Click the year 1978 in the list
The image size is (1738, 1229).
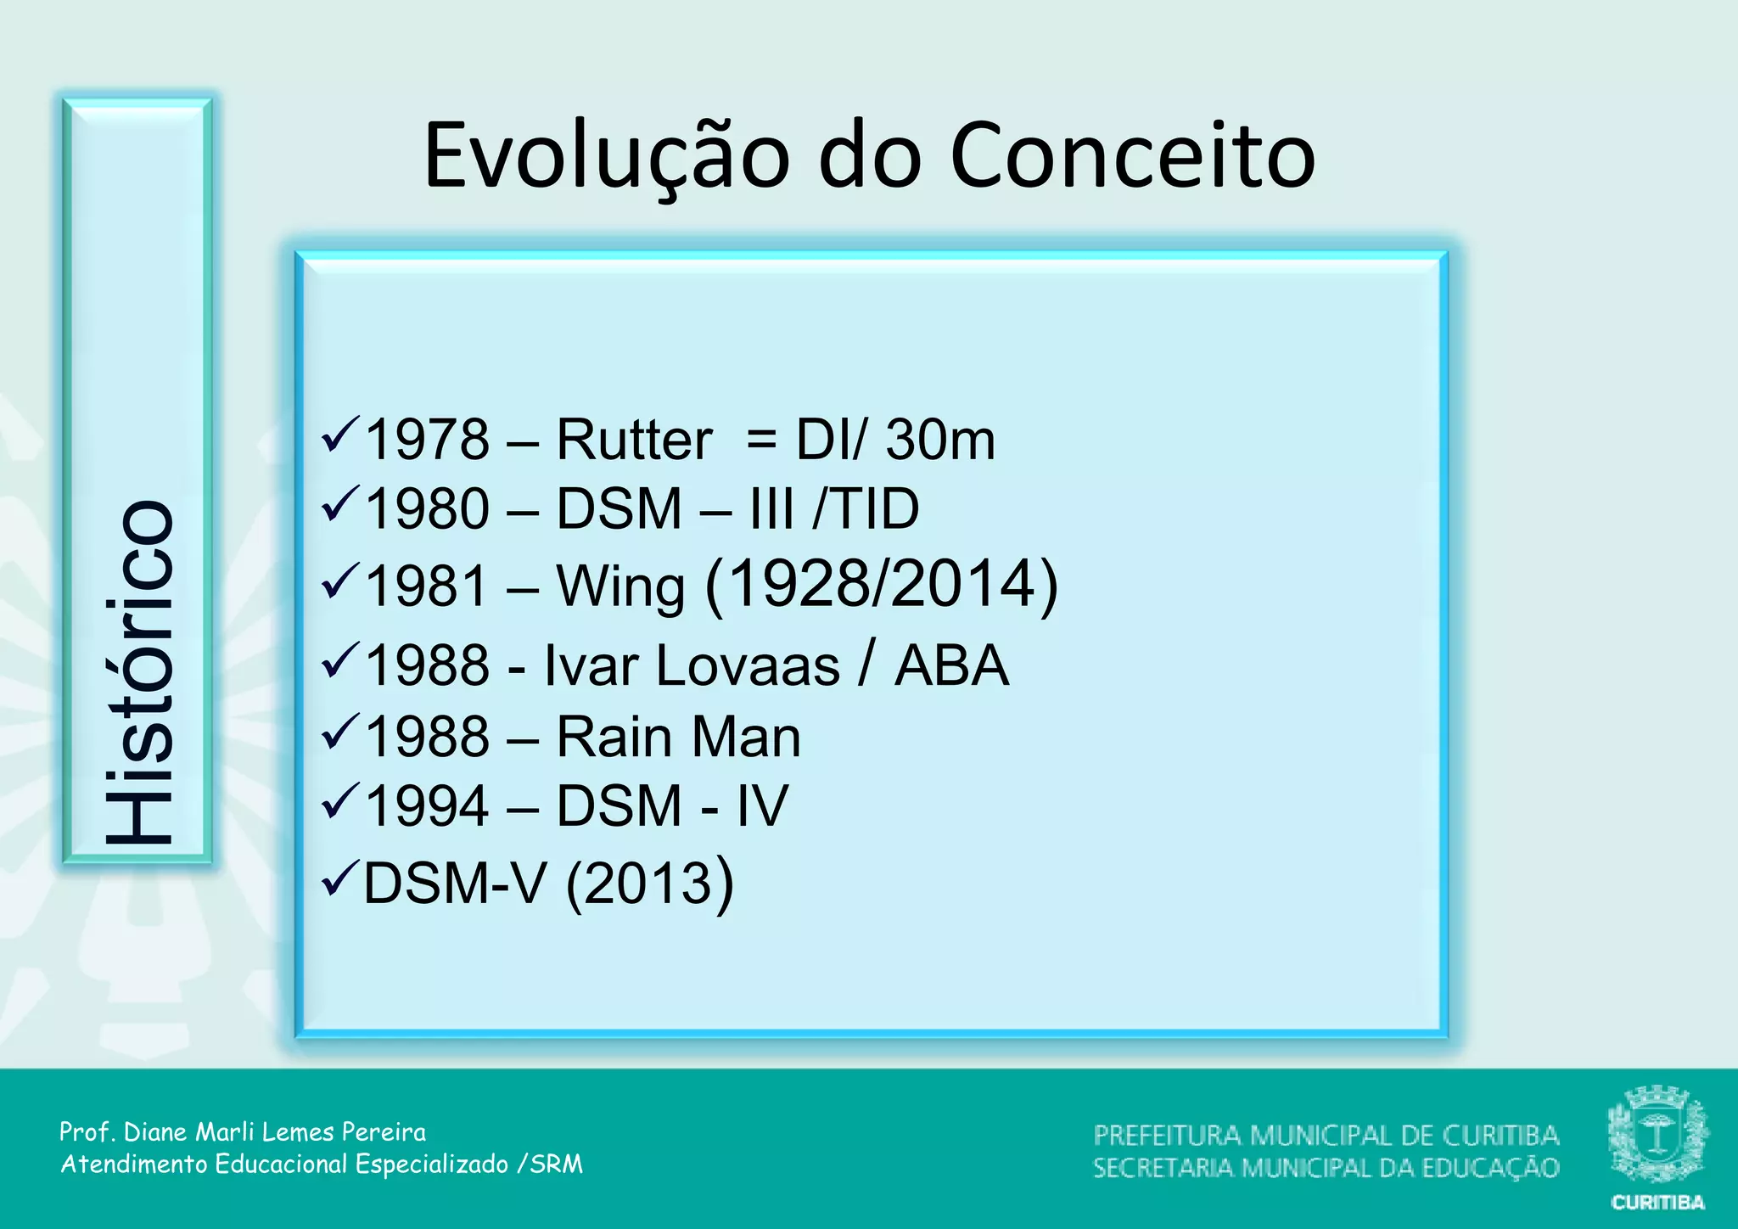427,440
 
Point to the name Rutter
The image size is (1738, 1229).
634,440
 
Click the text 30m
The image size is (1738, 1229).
940,440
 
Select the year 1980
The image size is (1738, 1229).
427,509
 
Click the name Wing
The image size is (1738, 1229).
620,586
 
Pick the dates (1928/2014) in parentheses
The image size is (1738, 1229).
882,585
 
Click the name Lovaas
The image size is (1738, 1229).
748,665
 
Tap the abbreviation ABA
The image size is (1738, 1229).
952,665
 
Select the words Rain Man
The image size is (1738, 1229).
678,737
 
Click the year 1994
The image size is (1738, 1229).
427,806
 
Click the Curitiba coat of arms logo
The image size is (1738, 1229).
1657,1135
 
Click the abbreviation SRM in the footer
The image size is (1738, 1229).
557,1164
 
